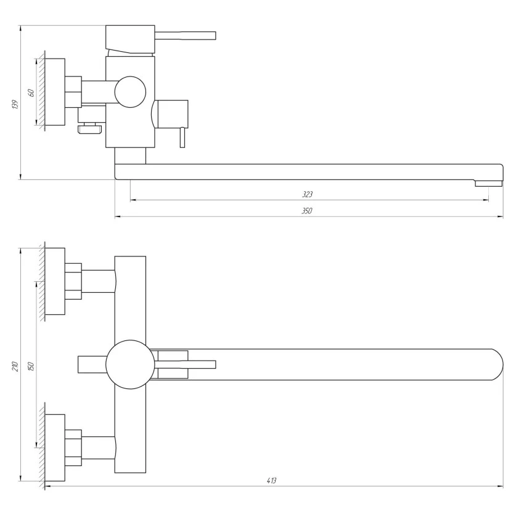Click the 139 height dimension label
pyautogui.click(x=15, y=104)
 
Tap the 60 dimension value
pyautogui.click(x=31, y=93)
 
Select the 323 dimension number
pyautogui.click(x=308, y=194)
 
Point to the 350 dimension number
pyautogui.click(x=307, y=211)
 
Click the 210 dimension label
pyautogui.click(x=15, y=366)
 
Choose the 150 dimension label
pyautogui.click(x=31, y=366)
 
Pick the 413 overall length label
pyautogui.click(x=271, y=481)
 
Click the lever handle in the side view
pyautogui.click(x=186, y=36)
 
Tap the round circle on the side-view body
pyautogui.click(x=130, y=92)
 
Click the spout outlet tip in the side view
pyautogui.click(x=488, y=183)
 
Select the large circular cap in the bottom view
pyautogui.click(x=130, y=364)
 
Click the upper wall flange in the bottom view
pyautogui.click(x=55, y=281)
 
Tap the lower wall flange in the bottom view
pyautogui.click(x=55, y=448)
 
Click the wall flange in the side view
pyautogui.click(x=55, y=92)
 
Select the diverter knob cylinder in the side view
pyautogui.click(x=172, y=114)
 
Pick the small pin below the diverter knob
pyautogui.click(x=182, y=137)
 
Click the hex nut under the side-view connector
pyautogui.click(x=90, y=128)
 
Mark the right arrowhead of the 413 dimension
pyautogui.click(x=501, y=486)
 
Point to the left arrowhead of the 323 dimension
pyautogui.click(x=133, y=200)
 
